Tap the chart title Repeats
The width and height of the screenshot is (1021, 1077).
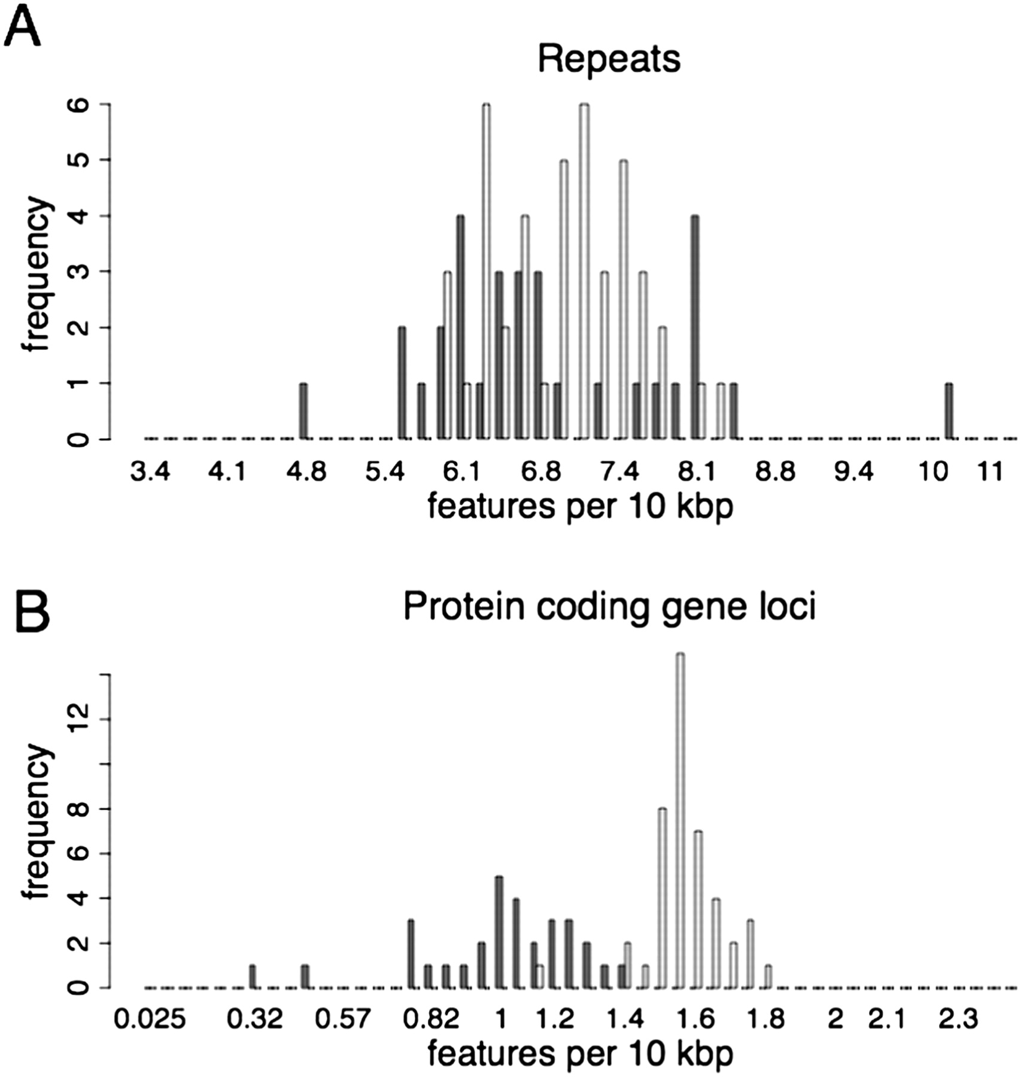[609, 59]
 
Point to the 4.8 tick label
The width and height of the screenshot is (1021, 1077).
[306, 473]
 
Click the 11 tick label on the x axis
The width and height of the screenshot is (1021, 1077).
[990, 473]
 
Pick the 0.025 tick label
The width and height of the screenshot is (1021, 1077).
[150, 1018]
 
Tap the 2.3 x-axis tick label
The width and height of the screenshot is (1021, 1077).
[958, 1018]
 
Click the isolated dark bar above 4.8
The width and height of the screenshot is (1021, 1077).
[303, 411]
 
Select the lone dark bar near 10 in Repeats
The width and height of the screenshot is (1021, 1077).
[949, 411]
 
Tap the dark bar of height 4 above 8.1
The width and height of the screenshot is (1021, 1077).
[694, 327]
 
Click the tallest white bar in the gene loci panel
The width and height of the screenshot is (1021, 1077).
[680, 820]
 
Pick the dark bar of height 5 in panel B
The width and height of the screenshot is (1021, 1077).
[499, 932]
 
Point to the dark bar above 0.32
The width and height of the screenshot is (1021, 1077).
[253, 976]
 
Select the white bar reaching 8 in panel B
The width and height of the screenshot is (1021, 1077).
[663, 898]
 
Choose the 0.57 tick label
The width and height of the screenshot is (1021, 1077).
[351, 1018]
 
